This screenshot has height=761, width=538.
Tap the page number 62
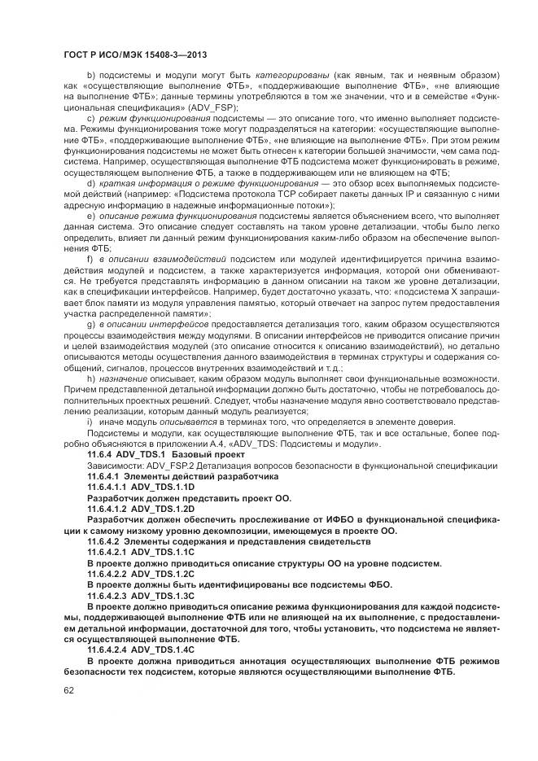68,691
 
